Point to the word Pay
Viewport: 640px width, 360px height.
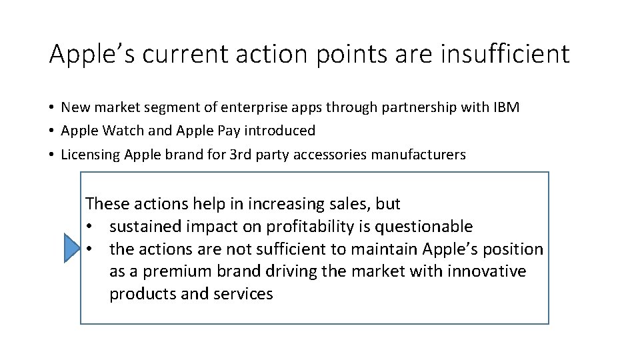click(238, 131)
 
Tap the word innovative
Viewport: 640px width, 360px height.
click(487, 272)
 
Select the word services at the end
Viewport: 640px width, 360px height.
click(245, 294)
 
